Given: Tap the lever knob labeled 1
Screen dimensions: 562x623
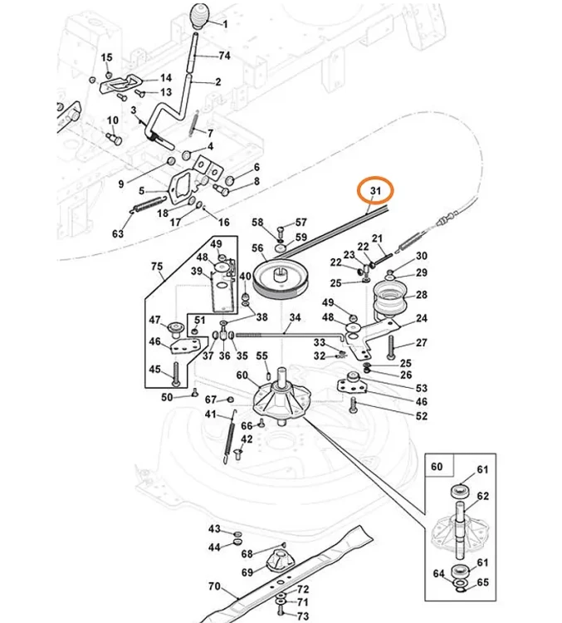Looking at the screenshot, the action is click(203, 17).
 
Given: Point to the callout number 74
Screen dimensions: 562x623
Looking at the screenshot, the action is click(225, 56).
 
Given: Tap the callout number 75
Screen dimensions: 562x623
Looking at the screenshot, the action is click(157, 266).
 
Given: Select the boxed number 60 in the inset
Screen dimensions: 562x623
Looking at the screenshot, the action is click(437, 466).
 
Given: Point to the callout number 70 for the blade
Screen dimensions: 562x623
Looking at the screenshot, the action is click(214, 586).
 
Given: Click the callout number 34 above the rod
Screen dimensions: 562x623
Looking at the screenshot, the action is click(295, 317).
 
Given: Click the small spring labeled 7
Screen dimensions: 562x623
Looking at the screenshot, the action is click(193, 124).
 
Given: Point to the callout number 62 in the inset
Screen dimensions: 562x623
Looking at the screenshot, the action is click(482, 496).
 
